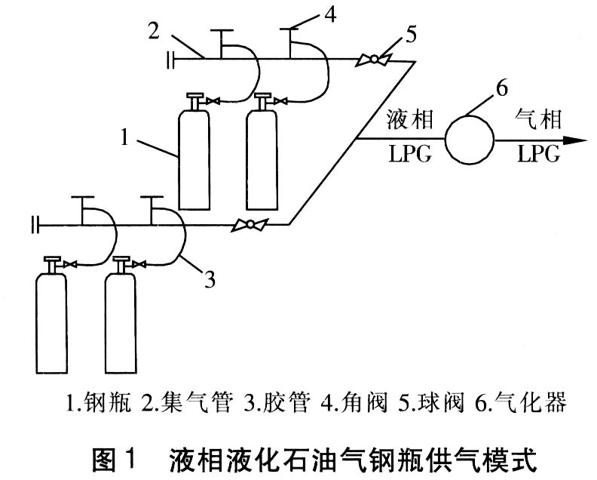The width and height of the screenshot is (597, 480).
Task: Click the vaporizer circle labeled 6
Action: coord(468,139)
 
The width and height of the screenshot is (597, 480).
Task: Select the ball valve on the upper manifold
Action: coord(371,59)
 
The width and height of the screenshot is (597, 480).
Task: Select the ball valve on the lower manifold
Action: coord(246,224)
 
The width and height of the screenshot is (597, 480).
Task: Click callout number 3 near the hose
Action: coord(210,280)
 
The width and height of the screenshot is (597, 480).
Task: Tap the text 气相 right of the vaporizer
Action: coord(537,120)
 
